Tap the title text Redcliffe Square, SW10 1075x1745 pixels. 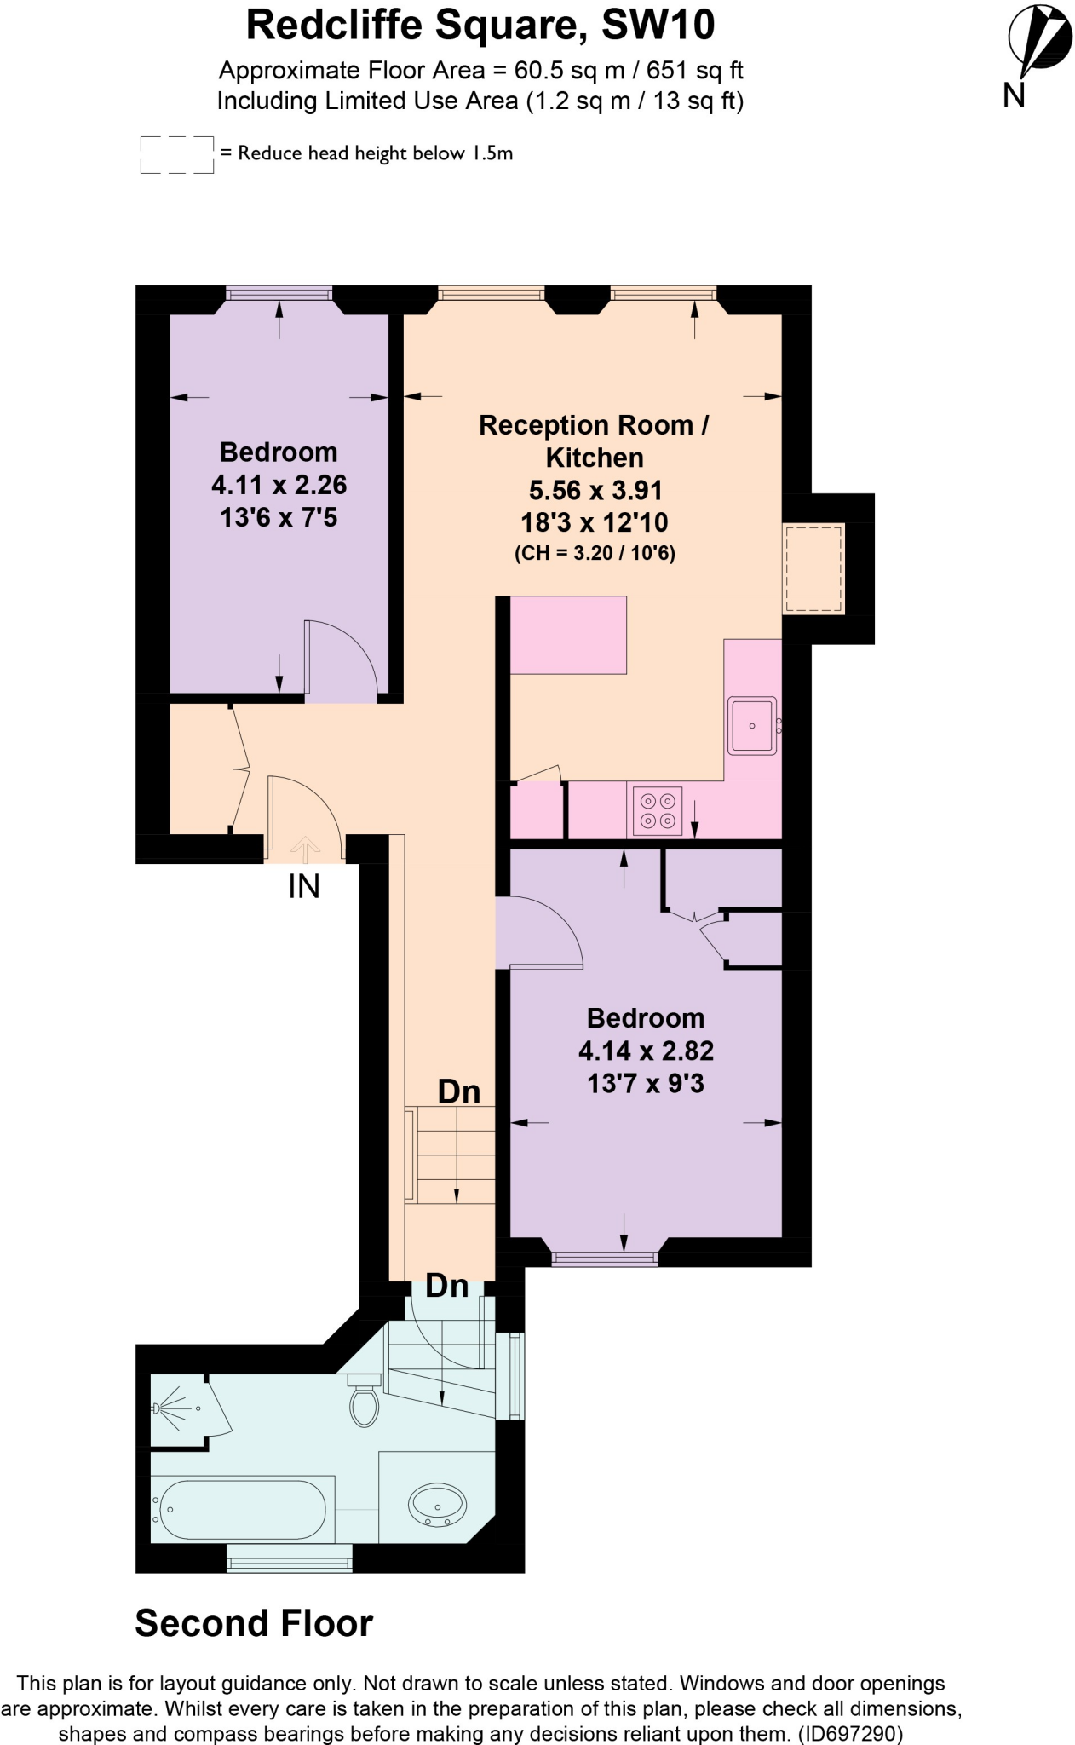(480, 25)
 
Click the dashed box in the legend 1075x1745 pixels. (176, 154)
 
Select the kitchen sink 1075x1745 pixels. (751, 725)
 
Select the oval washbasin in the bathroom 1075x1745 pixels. (437, 1506)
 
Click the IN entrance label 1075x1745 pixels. (304, 887)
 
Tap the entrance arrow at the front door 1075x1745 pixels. (305, 846)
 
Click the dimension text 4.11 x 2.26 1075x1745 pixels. (279, 485)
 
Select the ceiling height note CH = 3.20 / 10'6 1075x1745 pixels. (595, 553)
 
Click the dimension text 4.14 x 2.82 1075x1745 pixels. (646, 1051)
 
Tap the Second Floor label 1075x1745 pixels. (254, 1623)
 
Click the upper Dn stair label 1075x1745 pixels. (459, 1091)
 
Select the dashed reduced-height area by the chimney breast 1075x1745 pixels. (813, 568)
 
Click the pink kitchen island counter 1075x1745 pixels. (568, 634)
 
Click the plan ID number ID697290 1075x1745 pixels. (848, 1732)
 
